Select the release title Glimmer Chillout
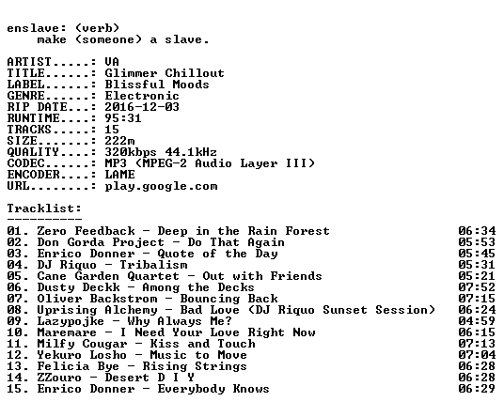click(165, 73)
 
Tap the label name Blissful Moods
click(157, 85)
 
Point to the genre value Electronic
click(142, 96)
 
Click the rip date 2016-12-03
click(142, 107)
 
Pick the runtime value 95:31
click(123, 118)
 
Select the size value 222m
click(120, 141)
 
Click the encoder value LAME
click(120, 175)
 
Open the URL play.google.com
click(161, 186)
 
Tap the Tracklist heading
click(44, 208)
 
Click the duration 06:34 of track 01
click(477, 231)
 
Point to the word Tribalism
click(153, 265)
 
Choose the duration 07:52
click(477, 287)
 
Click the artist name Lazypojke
click(71, 321)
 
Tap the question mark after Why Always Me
click(228, 320)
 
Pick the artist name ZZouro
click(59, 378)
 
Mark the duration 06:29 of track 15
click(477, 389)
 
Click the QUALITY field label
click(33, 152)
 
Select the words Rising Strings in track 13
click(195, 366)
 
